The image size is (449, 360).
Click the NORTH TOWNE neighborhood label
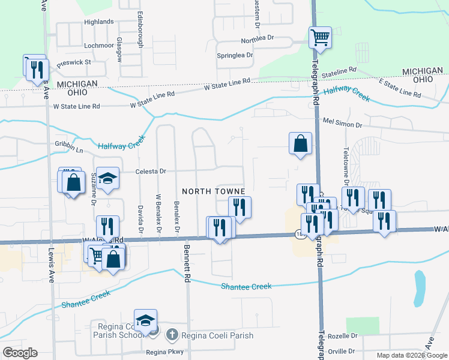(x=214, y=191)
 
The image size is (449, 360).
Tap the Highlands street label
(x=98, y=22)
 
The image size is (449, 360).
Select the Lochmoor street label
(x=99, y=45)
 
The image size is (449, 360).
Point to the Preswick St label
(x=74, y=61)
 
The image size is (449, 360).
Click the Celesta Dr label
(x=151, y=171)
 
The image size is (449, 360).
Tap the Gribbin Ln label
(x=68, y=146)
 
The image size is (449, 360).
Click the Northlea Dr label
(x=258, y=38)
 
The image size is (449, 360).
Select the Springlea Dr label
(x=235, y=55)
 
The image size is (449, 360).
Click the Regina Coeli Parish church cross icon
(x=172, y=334)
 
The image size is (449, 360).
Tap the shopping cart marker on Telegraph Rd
(x=321, y=37)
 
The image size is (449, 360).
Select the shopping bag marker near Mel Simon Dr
(x=300, y=143)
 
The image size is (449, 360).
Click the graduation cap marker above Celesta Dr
(x=107, y=178)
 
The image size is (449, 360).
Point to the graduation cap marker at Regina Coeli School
(x=145, y=320)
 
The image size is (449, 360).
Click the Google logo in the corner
(x=20, y=352)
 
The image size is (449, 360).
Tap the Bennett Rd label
(x=187, y=265)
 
